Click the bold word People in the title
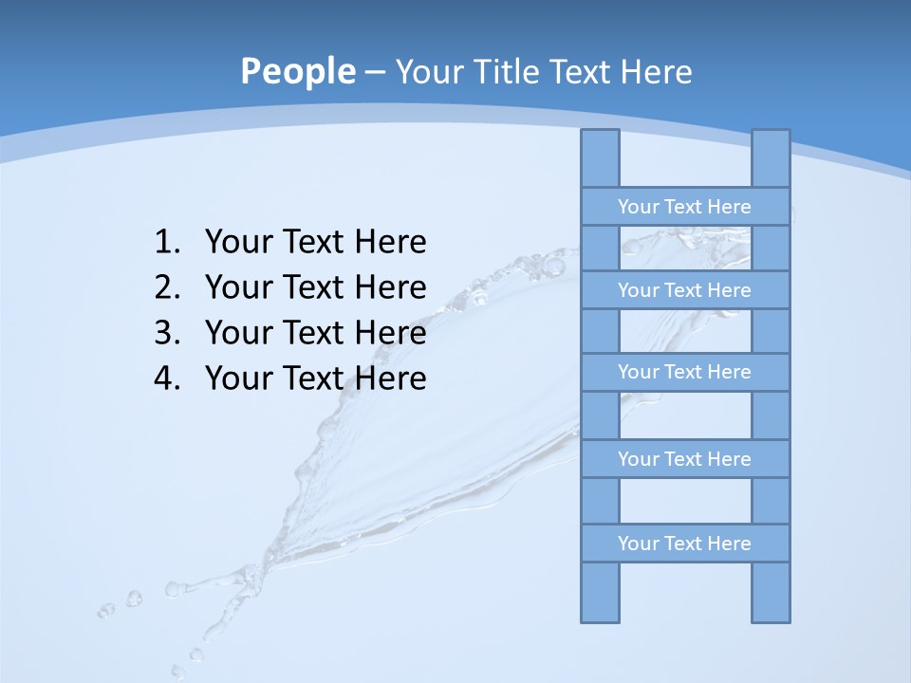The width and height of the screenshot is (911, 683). click(x=297, y=72)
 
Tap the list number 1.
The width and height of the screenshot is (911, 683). click(x=166, y=243)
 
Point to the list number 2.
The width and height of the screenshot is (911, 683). click(x=166, y=287)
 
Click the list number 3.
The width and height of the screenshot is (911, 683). click(x=166, y=333)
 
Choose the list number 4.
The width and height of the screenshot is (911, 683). click(x=166, y=378)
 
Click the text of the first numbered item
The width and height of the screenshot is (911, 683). click(x=315, y=243)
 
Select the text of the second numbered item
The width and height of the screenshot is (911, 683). click(x=315, y=287)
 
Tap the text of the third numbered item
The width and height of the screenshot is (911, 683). click(x=315, y=333)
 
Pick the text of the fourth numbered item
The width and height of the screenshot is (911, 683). click(x=315, y=378)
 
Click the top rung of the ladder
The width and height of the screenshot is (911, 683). click(x=684, y=207)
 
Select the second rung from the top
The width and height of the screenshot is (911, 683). click(x=684, y=290)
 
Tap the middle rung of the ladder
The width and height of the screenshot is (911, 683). click(x=684, y=372)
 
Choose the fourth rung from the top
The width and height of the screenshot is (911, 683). click(x=684, y=459)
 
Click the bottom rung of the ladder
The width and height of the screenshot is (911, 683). click(x=684, y=544)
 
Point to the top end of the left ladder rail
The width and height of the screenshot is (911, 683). click(x=600, y=138)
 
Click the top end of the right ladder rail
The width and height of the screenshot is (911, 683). click(x=771, y=138)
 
